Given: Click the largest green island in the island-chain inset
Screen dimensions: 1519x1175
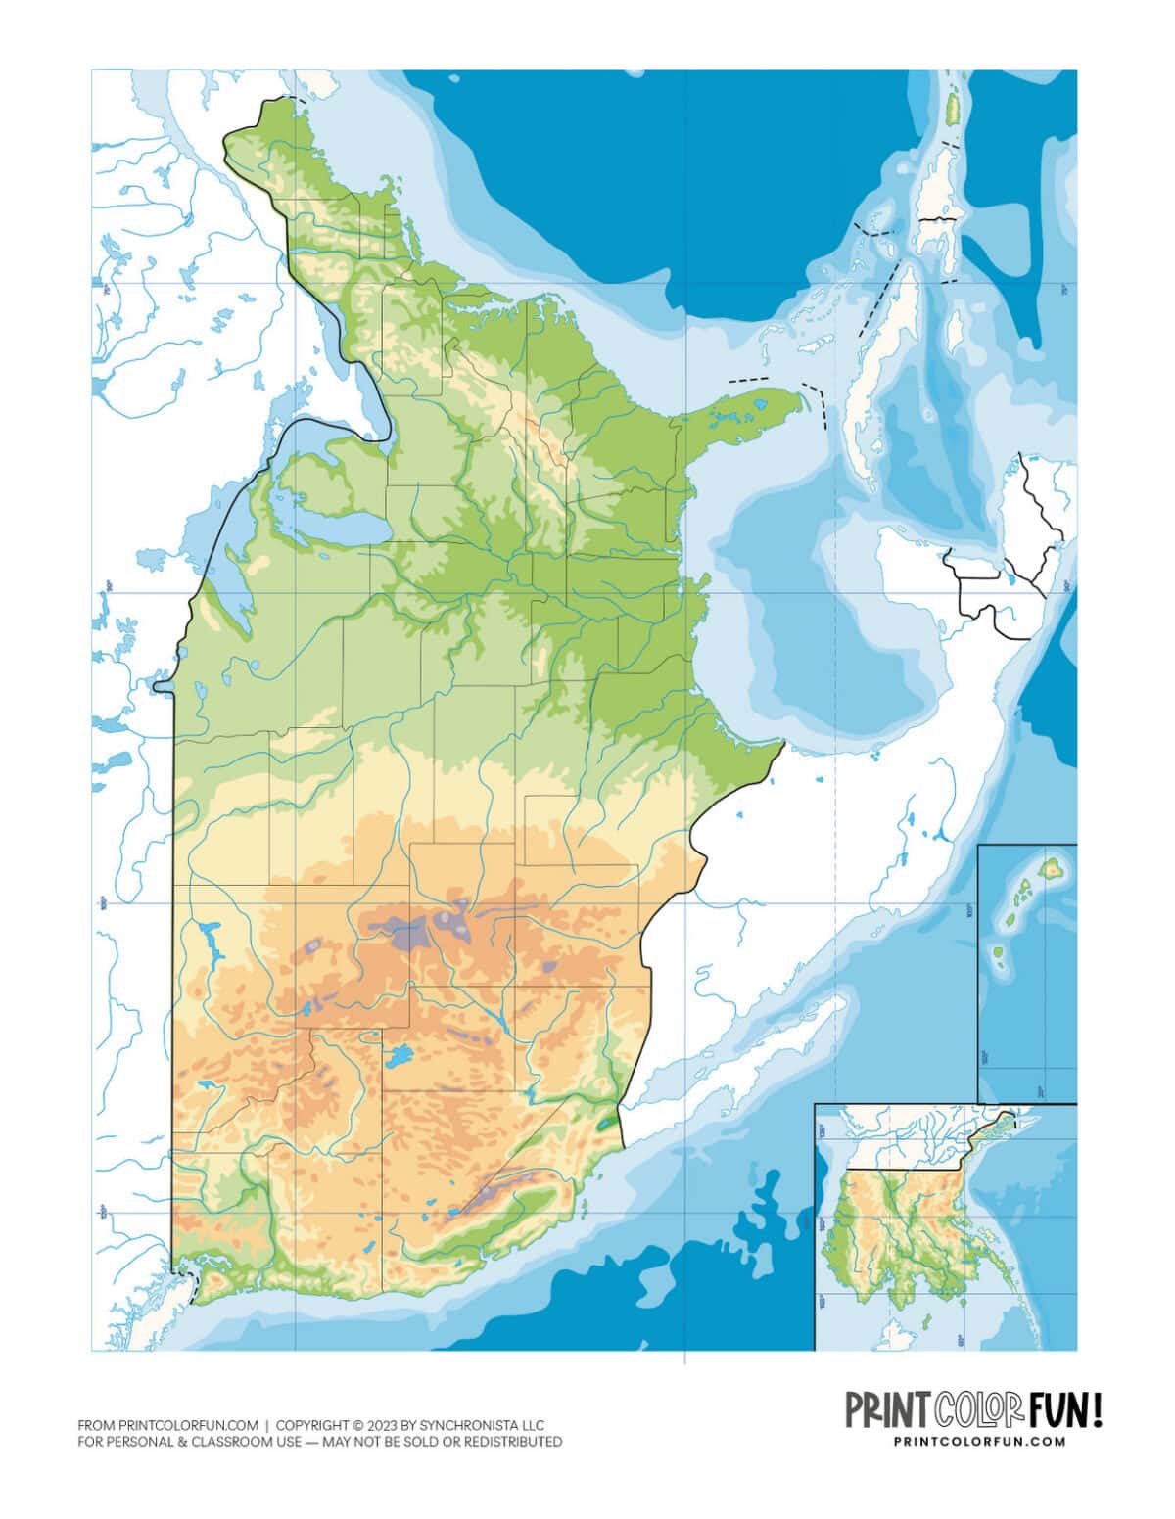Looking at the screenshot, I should click(x=1052, y=867).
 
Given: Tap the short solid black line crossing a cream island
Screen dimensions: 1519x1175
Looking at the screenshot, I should click(x=938, y=220).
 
